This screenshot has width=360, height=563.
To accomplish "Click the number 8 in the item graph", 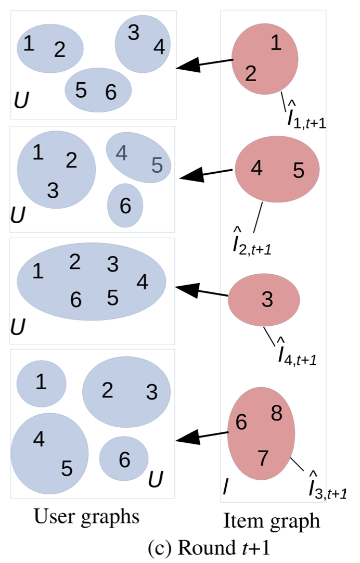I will [276, 414].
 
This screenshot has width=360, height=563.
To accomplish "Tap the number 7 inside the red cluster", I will [263, 458].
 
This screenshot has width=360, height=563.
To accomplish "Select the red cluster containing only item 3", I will [264, 299].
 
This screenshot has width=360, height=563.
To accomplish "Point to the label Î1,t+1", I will [306, 117].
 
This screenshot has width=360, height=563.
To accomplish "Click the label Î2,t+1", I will [252, 244].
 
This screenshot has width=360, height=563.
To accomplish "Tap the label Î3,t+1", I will [328, 486].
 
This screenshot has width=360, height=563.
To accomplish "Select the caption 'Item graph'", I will [272, 520].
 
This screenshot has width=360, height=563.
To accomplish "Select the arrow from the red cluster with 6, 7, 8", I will [202, 436].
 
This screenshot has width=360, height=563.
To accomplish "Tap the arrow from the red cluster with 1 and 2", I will [204, 64].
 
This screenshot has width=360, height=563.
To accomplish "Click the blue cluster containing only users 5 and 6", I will [98, 90].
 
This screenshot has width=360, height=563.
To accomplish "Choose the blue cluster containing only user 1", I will [41, 384].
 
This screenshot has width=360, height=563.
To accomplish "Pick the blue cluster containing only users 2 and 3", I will [126, 392].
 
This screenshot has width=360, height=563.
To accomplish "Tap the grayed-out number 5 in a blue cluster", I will [157, 165].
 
